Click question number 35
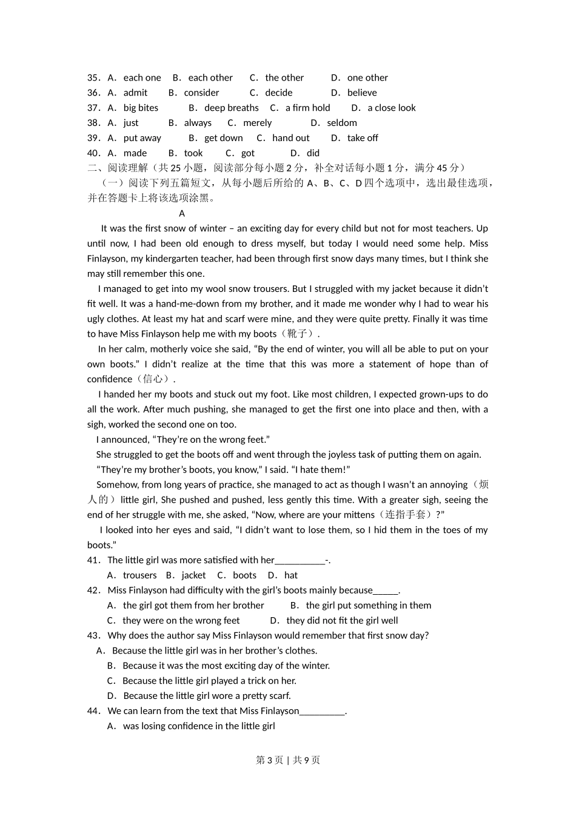pos(93,78)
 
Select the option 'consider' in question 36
pos(201,93)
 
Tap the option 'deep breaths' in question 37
pos(231,108)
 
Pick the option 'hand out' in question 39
pos(290,138)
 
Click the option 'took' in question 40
pos(193,153)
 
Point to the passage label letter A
pos(182,213)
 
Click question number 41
pos(93,560)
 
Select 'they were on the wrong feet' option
pos(181,620)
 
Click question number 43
pos(93,635)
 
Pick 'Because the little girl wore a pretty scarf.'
pos(207,696)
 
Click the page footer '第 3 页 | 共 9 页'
pos(288,760)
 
